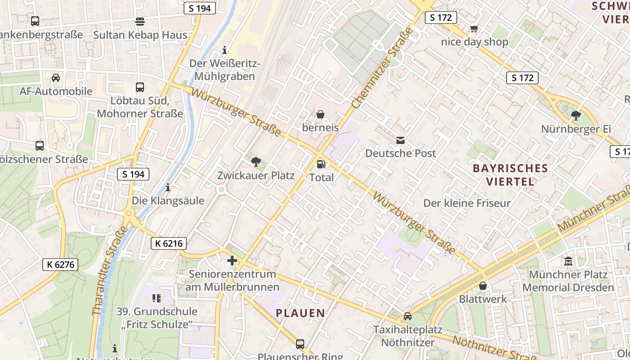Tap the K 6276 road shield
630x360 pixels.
point(61,265)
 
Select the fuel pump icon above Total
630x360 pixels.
point(321,164)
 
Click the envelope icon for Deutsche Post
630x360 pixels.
point(400,140)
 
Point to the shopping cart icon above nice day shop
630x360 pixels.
point(474,29)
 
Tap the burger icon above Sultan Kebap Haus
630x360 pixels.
point(140,21)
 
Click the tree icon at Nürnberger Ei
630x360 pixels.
point(576,116)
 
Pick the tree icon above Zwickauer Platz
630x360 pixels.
point(256,162)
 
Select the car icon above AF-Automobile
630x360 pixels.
point(56,77)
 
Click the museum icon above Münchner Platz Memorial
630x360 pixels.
point(568,261)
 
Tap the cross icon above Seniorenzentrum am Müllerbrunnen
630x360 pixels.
point(232,260)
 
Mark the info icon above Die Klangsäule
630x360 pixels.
point(168,187)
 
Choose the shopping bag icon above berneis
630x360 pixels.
point(320,114)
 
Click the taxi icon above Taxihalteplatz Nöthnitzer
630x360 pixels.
point(408,316)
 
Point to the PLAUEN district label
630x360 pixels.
point(300,313)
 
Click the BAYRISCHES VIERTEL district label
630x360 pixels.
point(510,175)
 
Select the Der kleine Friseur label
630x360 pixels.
point(467,203)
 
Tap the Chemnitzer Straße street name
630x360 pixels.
point(382,68)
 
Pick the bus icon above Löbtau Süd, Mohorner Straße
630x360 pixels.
point(140,87)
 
